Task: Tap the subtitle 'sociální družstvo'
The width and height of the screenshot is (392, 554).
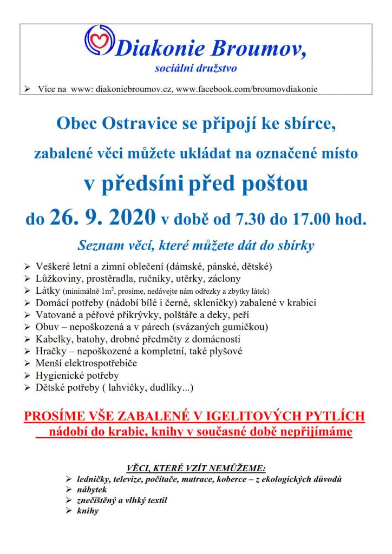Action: (195, 69)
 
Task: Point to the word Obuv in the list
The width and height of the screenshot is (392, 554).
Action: (47, 327)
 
